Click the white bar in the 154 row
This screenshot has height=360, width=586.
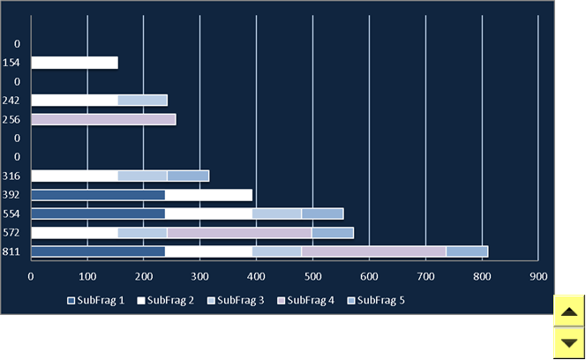(75, 63)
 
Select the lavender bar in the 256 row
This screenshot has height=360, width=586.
(103, 120)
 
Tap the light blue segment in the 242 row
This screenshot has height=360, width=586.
(143, 101)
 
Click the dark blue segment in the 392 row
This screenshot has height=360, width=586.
(98, 195)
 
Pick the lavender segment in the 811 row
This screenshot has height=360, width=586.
(373, 251)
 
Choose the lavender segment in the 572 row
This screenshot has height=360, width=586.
(239, 233)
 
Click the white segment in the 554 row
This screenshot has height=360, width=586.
(208, 214)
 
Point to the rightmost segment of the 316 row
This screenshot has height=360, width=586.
(188, 176)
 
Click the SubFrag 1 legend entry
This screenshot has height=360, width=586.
(95, 301)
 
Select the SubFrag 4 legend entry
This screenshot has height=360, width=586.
(305, 301)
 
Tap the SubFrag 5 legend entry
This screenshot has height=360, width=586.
(376, 301)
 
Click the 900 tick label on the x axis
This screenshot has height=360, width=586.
(538, 277)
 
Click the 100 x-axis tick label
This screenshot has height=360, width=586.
(87, 277)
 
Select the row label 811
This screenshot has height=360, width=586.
(11, 252)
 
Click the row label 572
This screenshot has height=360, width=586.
(11, 233)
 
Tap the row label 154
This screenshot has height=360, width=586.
(11, 63)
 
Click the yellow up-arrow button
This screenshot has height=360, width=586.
(569, 311)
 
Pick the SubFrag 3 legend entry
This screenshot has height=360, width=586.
(236, 301)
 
